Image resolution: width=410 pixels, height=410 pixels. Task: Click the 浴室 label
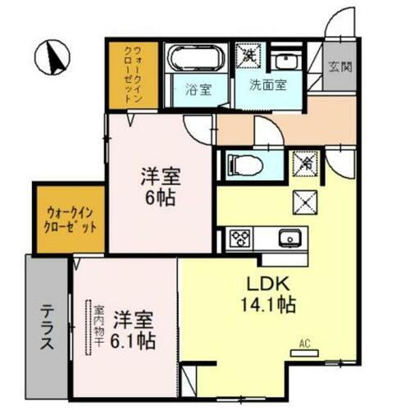[x=197, y=90]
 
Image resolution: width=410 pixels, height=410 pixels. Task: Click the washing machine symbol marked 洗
[x=247, y=55]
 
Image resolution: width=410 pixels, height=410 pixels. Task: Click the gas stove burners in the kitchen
[x=241, y=239]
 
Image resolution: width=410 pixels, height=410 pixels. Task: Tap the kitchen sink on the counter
[x=289, y=239]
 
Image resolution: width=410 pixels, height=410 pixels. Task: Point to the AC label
[x=304, y=344]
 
